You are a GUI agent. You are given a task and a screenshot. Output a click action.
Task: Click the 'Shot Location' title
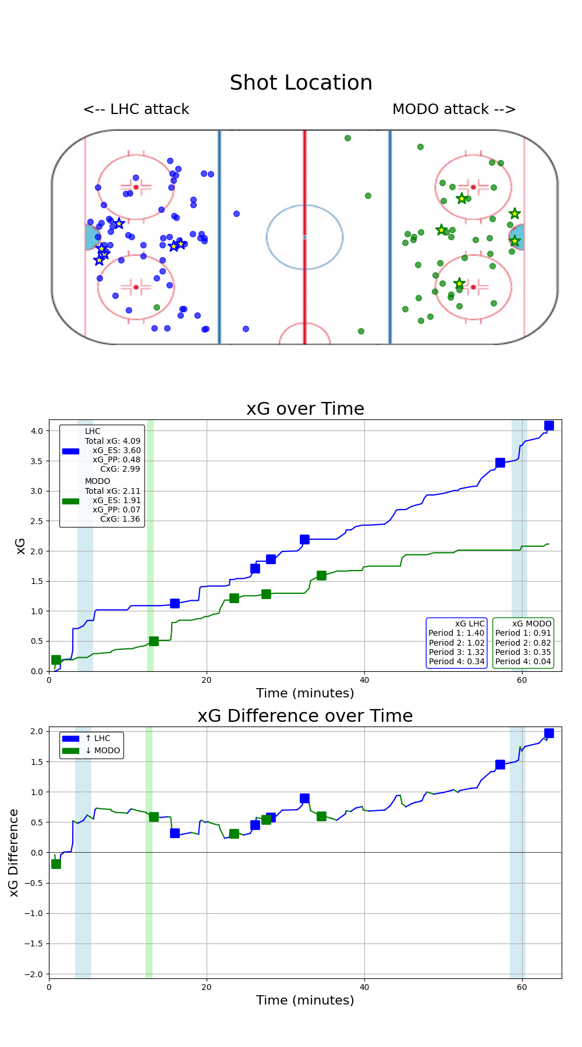pyautogui.click(x=301, y=83)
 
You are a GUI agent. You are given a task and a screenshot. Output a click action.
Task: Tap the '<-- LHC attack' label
pyautogui.click(x=136, y=109)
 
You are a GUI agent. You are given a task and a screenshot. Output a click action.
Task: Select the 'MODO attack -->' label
pyautogui.click(x=454, y=109)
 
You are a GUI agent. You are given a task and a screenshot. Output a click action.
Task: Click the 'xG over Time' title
pyautogui.click(x=305, y=409)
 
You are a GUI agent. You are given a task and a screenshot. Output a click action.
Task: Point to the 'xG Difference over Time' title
pyautogui.click(x=305, y=716)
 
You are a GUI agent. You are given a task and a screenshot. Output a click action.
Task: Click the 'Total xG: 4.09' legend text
pyautogui.click(x=113, y=441)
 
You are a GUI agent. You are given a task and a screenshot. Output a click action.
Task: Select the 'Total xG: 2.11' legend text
pyautogui.click(x=113, y=491)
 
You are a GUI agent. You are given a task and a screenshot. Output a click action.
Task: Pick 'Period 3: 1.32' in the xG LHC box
pyautogui.click(x=457, y=652)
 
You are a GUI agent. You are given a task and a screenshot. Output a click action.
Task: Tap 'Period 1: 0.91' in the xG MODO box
pyautogui.click(x=523, y=633)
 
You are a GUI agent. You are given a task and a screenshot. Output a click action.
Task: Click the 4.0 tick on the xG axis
pyautogui.click(x=37, y=431)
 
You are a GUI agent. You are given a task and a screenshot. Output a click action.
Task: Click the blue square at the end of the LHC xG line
pyautogui.click(x=549, y=426)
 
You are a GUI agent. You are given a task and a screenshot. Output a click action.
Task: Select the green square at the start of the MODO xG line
pyautogui.click(x=56, y=660)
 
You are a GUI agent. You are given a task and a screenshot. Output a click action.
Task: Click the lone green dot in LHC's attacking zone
pyautogui.click(x=157, y=307)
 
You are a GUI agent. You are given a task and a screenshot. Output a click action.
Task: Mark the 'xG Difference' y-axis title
pyautogui.click(x=14, y=852)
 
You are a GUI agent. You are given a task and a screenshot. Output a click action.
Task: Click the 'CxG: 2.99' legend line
pyautogui.click(x=120, y=469)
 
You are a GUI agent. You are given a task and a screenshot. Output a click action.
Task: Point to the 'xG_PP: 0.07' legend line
pyautogui.click(x=116, y=510)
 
